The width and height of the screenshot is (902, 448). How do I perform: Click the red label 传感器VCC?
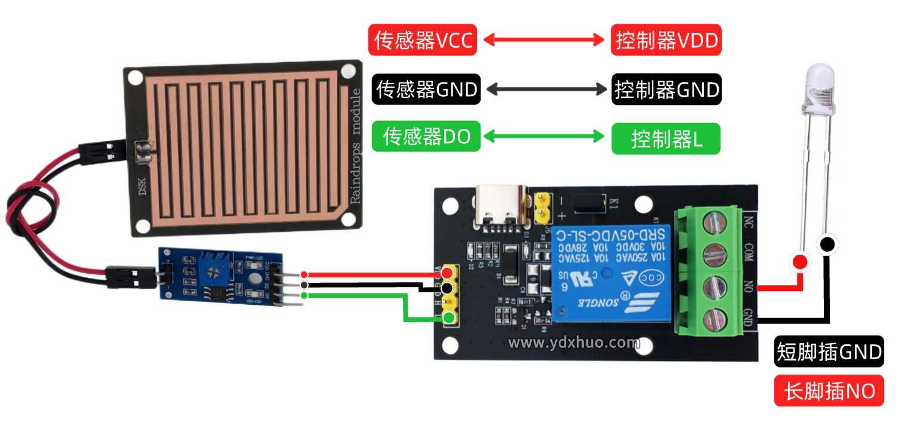(423, 41)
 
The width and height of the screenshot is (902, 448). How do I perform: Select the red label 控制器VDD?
(666, 41)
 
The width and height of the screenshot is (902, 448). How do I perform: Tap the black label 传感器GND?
(426, 89)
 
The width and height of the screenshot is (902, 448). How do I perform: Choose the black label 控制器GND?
(666, 89)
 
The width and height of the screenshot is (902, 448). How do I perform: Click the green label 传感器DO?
(426, 137)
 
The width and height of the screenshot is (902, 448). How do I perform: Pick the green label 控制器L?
(666, 139)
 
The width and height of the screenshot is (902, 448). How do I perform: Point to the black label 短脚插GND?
(829, 352)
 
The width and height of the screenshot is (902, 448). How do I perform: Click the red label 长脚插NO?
(829, 391)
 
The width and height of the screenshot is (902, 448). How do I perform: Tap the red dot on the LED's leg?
(799, 262)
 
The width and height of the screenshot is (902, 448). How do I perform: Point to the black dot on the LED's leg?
(827, 244)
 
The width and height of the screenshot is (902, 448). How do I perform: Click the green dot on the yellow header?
(448, 317)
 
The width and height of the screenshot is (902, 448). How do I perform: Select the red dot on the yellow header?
(447, 273)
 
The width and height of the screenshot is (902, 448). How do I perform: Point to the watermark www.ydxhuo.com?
(573, 343)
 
